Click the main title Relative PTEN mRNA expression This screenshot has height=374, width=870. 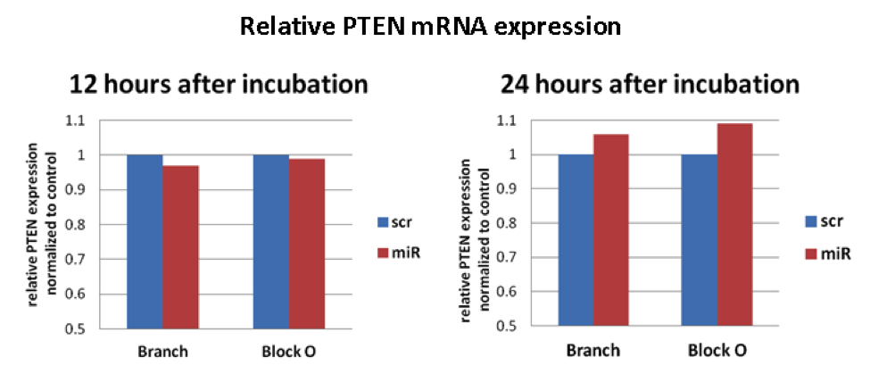tap(430, 28)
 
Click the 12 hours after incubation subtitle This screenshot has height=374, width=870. tap(220, 86)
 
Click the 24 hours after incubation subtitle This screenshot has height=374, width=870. tap(649, 86)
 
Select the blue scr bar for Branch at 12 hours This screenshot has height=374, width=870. tap(145, 241)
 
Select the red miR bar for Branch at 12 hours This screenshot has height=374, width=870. tap(180, 246)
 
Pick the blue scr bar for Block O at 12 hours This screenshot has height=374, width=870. tap(271, 241)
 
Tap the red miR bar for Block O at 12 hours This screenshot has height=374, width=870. tap(307, 244)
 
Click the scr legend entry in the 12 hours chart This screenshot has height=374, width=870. tap(399, 221)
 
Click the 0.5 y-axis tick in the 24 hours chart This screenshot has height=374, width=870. tap(519, 326)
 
